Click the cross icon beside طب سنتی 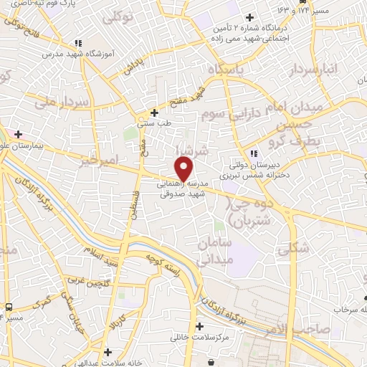154,113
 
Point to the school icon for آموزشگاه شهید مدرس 77,44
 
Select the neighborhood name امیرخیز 97,161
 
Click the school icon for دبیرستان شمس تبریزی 253,154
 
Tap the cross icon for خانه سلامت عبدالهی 108,352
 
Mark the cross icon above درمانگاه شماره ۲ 249,17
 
